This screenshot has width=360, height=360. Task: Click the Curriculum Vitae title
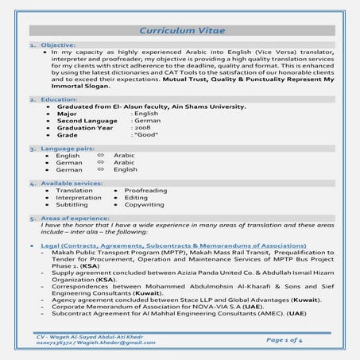point(182,30)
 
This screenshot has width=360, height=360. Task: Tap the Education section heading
point(59,99)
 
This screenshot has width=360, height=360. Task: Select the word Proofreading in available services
point(145,191)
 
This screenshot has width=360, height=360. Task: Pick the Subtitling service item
point(72,204)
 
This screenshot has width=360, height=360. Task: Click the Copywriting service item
point(144,204)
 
